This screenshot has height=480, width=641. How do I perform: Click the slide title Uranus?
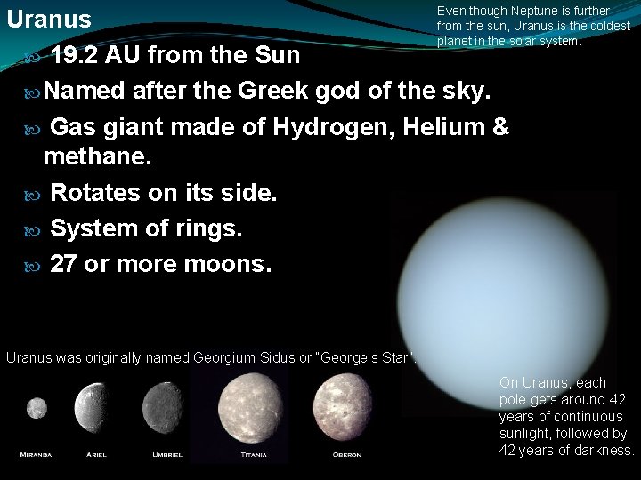coord(49,19)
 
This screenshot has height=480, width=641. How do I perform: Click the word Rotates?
coord(95,193)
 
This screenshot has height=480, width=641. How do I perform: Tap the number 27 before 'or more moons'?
coord(63,264)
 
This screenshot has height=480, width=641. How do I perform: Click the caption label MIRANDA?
coord(37,455)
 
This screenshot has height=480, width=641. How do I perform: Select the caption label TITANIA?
coord(253,455)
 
